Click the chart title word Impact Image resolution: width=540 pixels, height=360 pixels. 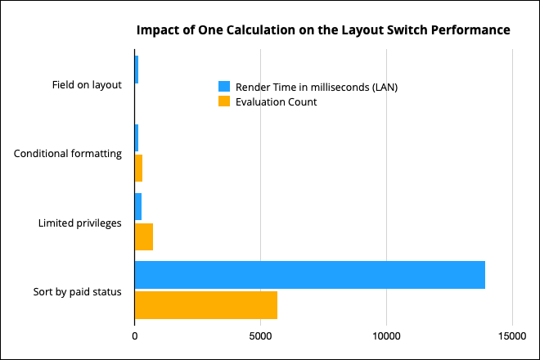pyautogui.click(x=157, y=30)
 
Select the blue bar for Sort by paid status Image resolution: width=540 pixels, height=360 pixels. pyautogui.click(x=309, y=275)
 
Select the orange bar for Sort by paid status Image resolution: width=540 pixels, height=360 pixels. pyautogui.click(x=205, y=305)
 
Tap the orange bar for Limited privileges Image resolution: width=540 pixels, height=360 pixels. pyautogui.click(x=143, y=236)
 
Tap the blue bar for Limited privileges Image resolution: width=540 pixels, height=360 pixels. pyautogui.click(x=138, y=206)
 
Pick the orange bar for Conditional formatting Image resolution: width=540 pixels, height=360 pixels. pyautogui.click(x=138, y=168)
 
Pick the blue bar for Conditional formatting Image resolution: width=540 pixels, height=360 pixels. pyautogui.click(x=137, y=137)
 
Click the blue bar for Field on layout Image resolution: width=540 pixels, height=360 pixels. pyautogui.click(x=137, y=70)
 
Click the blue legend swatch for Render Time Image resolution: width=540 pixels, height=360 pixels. pyautogui.click(x=224, y=87)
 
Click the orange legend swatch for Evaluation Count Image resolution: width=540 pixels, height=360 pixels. pyautogui.click(x=224, y=101)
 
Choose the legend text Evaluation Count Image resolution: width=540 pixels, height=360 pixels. pyautogui.click(x=277, y=101)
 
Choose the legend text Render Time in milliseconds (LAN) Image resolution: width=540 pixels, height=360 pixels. pyautogui.click(x=317, y=87)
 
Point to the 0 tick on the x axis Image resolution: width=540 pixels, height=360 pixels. pyautogui.click(x=134, y=335)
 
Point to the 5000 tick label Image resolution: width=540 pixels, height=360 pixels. pyautogui.click(x=260, y=335)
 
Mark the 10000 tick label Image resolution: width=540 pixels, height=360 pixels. pyautogui.click(x=386, y=335)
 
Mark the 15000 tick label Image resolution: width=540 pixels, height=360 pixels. pyautogui.click(x=512, y=335)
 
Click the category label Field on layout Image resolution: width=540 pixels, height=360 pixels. pyautogui.click(x=81, y=84)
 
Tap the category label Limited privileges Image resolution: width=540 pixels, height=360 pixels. pyautogui.click(x=80, y=222)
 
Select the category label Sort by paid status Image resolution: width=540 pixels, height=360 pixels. pyautogui.click(x=78, y=290)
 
